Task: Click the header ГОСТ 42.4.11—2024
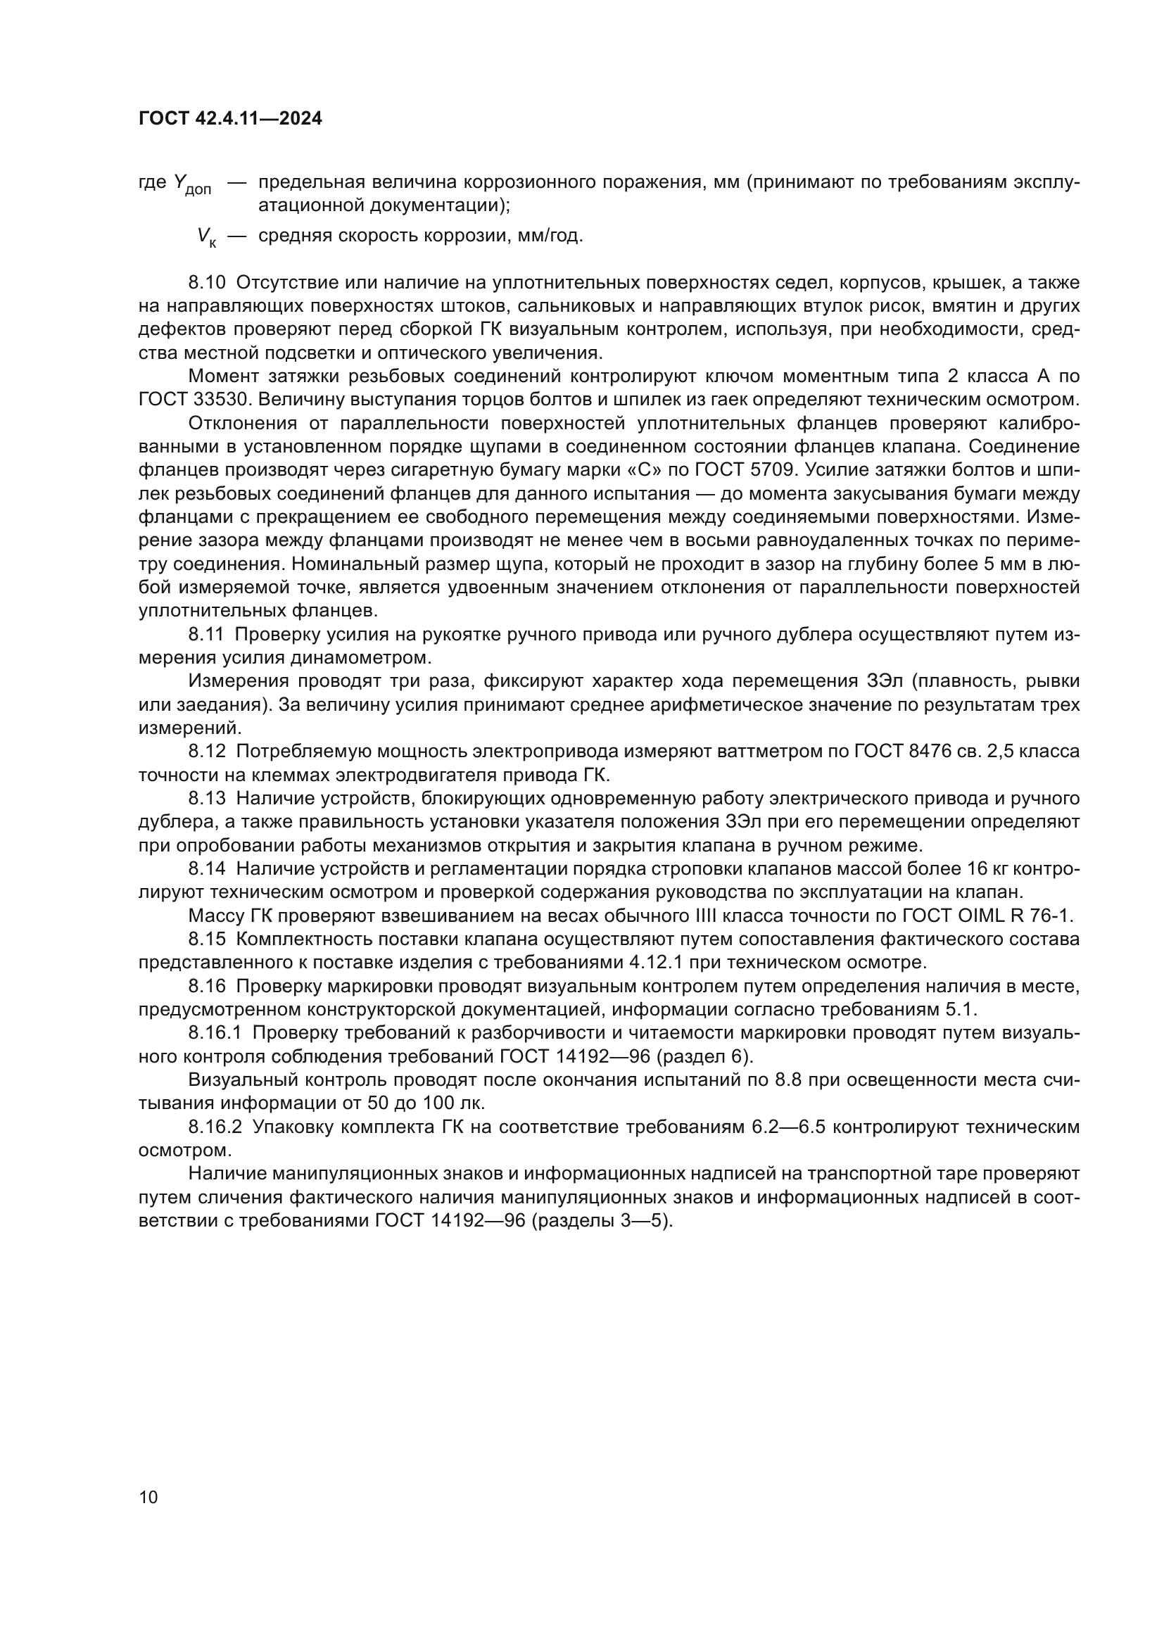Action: (230, 119)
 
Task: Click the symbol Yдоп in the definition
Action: (192, 184)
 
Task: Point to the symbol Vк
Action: (206, 236)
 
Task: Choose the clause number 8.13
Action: (207, 798)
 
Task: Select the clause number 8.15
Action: (207, 939)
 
